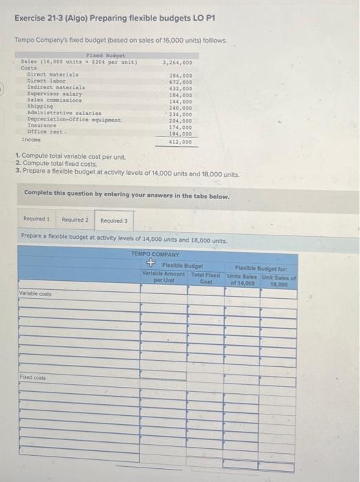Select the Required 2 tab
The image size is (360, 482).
[74, 220]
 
